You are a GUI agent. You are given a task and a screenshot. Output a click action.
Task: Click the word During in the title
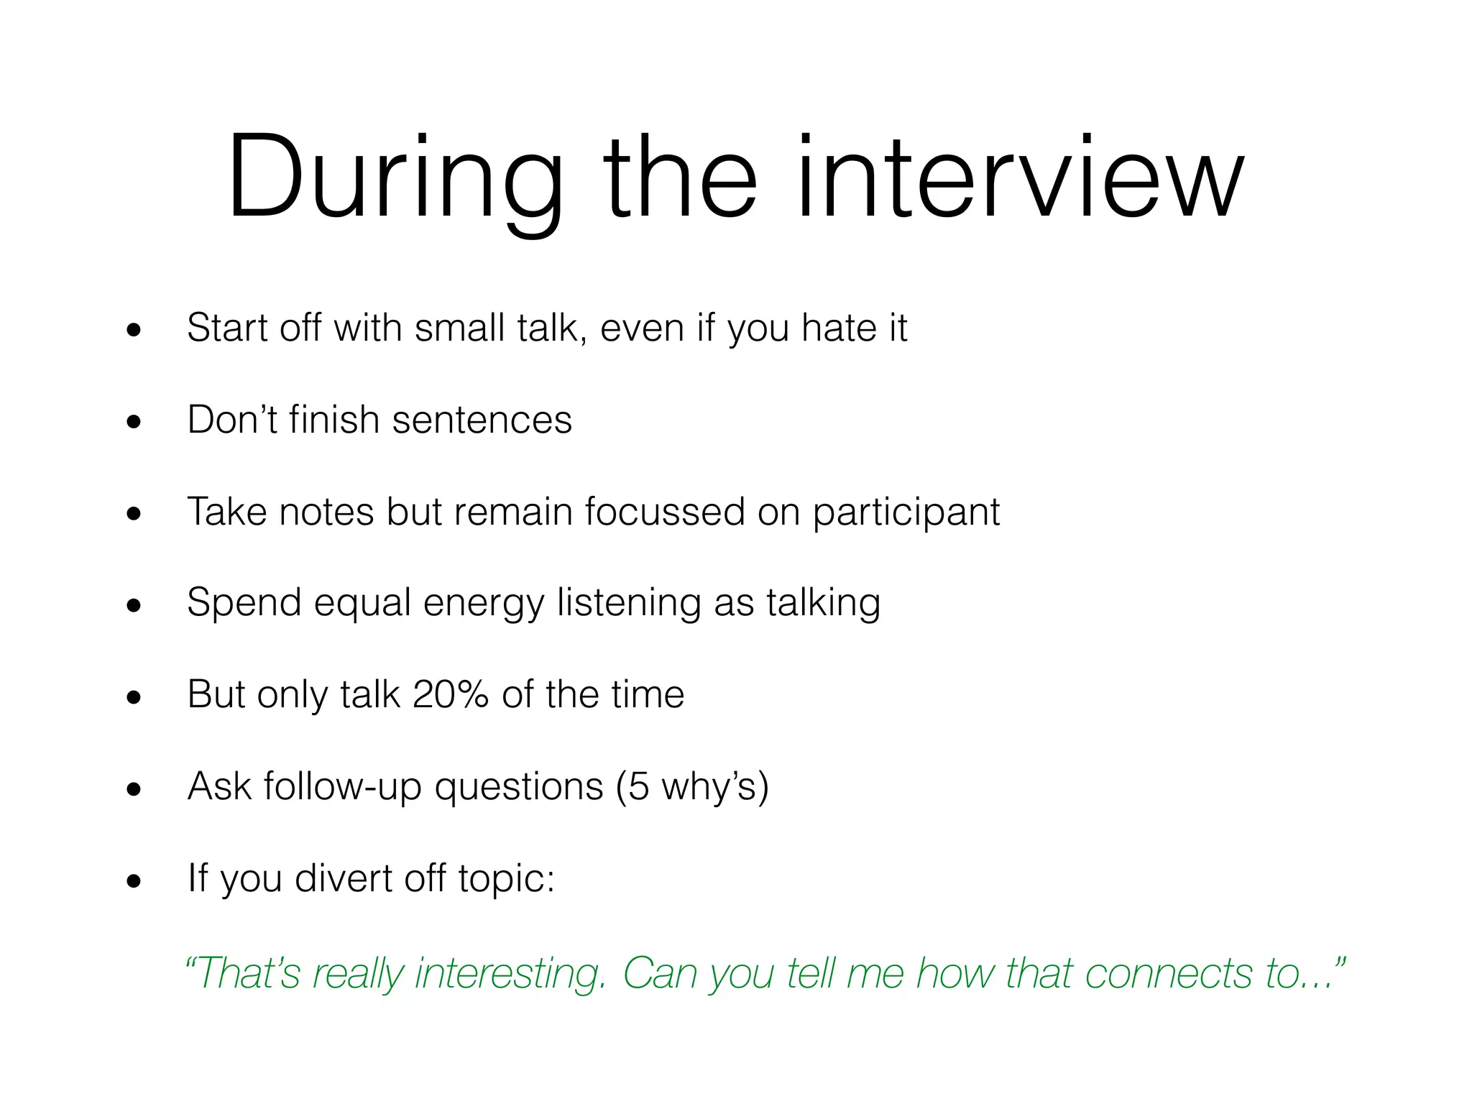pyautogui.click(x=395, y=178)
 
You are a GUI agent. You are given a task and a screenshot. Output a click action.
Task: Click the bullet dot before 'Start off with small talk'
pyautogui.click(x=134, y=331)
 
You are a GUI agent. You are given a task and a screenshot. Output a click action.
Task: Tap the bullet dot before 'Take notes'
pyautogui.click(x=134, y=515)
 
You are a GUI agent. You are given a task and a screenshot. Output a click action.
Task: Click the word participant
pyautogui.click(x=906, y=513)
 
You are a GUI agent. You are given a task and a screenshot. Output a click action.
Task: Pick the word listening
pyautogui.click(x=629, y=604)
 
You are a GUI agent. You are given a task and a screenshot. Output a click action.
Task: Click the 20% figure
pyautogui.click(x=451, y=694)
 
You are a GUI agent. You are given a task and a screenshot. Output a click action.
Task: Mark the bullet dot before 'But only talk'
pyautogui.click(x=134, y=698)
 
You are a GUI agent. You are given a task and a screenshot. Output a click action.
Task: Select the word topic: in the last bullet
pyautogui.click(x=507, y=878)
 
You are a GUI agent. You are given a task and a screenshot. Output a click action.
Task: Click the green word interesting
pyautogui.click(x=510, y=974)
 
